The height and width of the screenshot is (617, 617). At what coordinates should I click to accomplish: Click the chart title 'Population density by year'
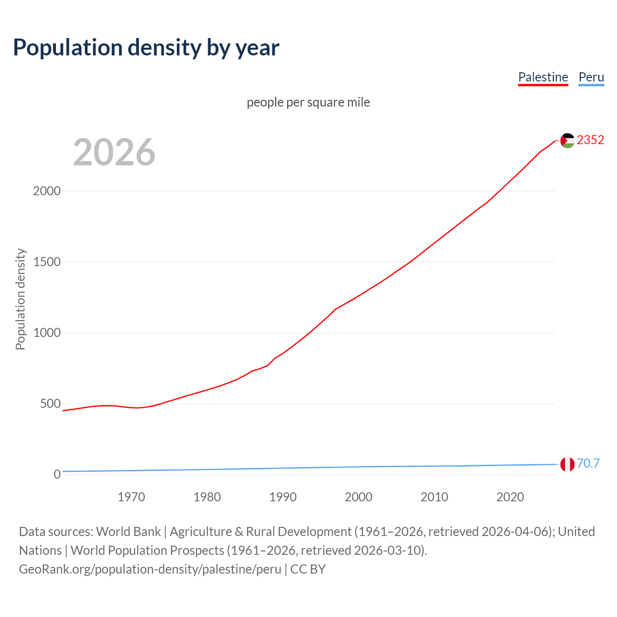[x=146, y=47]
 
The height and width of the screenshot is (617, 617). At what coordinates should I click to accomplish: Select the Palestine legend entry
[x=543, y=77]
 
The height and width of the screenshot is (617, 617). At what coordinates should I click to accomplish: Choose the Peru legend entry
[x=591, y=77]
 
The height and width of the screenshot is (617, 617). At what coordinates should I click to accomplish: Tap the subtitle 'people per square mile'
[x=308, y=102]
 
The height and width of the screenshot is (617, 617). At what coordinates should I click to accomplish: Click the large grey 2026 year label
[x=114, y=152]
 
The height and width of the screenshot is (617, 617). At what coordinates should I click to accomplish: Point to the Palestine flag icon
[x=567, y=140]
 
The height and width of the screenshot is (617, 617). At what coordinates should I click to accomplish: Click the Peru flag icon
[x=567, y=464]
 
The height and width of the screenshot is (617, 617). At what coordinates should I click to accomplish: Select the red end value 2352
[x=590, y=140]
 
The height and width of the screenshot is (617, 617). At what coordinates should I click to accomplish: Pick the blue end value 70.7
[x=588, y=463]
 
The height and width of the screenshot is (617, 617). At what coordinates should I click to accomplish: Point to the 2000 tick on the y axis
[x=47, y=191]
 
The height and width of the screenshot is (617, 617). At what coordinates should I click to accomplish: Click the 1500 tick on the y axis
[x=47, y=262]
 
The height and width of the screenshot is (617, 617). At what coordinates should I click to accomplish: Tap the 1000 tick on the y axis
[x=47, y=333]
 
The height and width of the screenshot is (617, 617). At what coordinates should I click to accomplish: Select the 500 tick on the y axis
[x=50, y=403]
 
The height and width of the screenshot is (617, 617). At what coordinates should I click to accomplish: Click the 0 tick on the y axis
[x=57, y=474]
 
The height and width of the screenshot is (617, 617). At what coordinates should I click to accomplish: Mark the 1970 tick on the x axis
[x=131, y=497]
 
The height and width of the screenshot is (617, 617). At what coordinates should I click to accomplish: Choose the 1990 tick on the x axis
[x=282, y=497]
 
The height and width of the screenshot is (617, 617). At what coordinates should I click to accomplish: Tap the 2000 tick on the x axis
[x=358, y=497]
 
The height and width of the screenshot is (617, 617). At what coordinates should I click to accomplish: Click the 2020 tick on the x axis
[x=510, y=497]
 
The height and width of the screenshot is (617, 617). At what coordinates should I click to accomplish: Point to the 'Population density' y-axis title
[x=20, y=299]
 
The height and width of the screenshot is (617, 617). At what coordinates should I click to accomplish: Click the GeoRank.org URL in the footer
[x=150, y=569]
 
